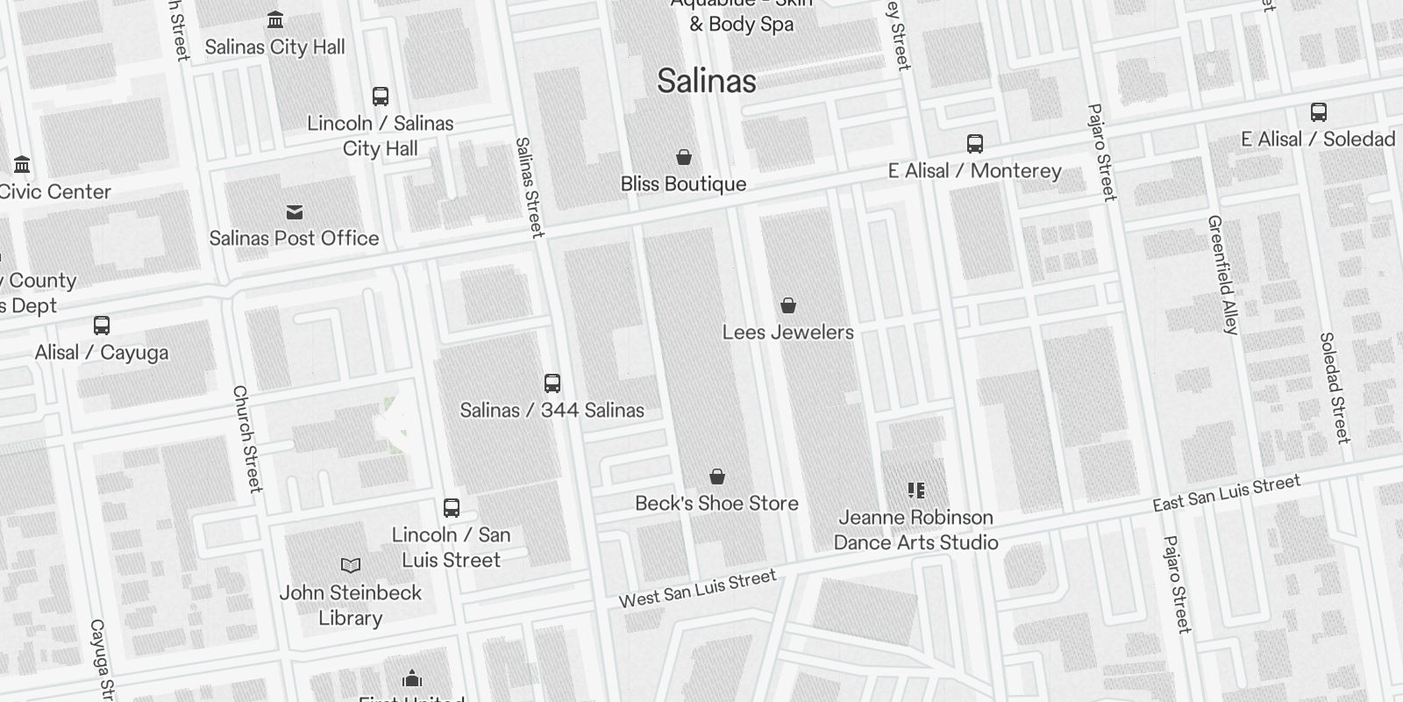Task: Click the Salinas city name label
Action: tap(707, 82)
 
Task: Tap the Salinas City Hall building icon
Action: tap(275, 19)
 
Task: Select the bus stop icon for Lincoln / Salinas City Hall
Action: tap(381, 96)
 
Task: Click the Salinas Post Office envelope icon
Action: tap(295, 212)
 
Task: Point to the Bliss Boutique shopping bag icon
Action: tap(684, 157)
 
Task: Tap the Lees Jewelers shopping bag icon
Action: tap(788, 305)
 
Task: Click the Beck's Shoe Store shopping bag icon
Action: tap(717, 476)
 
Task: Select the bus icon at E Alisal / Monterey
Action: tap(974, 144)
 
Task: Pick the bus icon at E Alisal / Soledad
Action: tap(1318, 112)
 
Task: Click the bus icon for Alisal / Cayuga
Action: tap(102, 326)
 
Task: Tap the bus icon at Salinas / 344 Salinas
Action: tap(552, 383)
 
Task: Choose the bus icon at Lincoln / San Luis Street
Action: tap(452, 508)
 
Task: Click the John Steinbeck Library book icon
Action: tap(351, 566)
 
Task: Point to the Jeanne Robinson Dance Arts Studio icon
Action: tap(916, 491)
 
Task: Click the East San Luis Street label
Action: tap(1226, 493)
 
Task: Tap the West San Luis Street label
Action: tap(698, 588)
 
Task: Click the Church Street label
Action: tap(247, 439)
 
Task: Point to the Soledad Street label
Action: tap(1334, 387)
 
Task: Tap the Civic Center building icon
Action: tap(22, 164)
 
